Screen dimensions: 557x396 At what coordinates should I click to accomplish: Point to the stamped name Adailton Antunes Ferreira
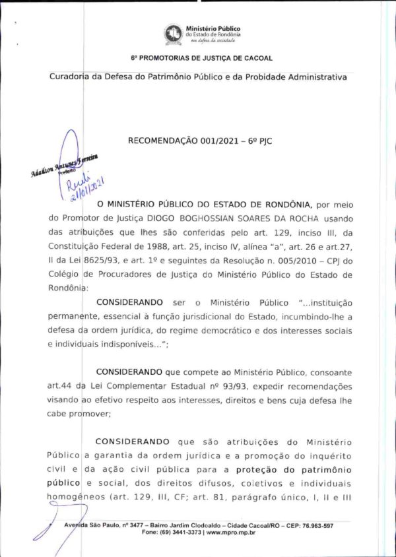(x=64, y=163)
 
